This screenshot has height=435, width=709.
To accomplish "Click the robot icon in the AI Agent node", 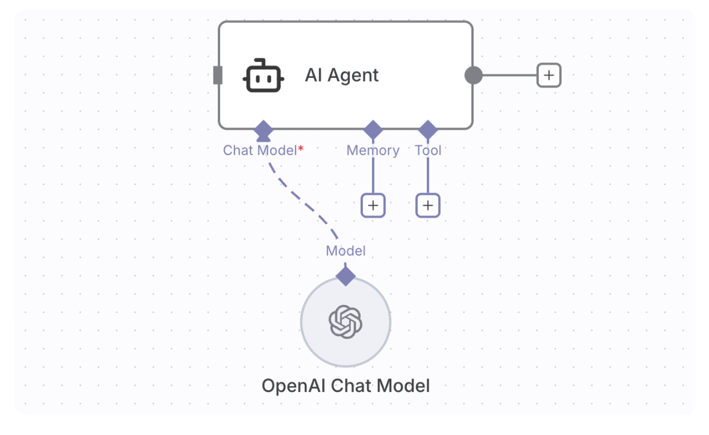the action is [263, 75].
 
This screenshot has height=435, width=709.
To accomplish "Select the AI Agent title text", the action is [342, 75].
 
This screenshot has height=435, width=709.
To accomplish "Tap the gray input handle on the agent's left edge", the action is [218, 75].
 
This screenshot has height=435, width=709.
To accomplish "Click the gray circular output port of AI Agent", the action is [474, 75].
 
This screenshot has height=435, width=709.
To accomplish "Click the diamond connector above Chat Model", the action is [263, 130].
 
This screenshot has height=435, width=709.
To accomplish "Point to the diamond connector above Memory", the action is [373, 130].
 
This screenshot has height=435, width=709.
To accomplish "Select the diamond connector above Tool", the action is [428, 130].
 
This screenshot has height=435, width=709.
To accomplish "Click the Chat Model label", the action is [260, 150].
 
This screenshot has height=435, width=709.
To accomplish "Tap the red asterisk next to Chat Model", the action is [301, 148].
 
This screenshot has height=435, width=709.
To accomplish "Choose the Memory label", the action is [373, 150].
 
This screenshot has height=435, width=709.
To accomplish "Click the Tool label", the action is [428, 150].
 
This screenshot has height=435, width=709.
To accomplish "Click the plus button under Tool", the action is [428, 206].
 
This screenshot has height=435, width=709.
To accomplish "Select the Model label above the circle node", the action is [346, 251].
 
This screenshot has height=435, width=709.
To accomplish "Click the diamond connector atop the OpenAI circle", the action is [346, 276].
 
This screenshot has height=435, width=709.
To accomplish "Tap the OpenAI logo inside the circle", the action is [345, 322].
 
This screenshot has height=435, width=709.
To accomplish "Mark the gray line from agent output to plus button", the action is [510, 75].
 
